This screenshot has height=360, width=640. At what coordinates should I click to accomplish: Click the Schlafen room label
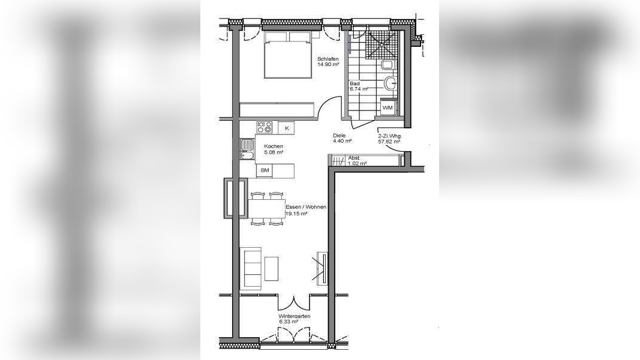click(x=328, y=58)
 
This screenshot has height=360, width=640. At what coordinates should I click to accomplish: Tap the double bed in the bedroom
click(x=289, y=55)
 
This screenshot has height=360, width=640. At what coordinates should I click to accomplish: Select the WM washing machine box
click(x=387, y=108)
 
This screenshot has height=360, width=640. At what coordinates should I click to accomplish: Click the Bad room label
click(x=354, y=84)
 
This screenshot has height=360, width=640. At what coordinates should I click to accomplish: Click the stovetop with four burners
click(x=265, y=127)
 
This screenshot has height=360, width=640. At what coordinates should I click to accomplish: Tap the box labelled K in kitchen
click(x=286, y=128)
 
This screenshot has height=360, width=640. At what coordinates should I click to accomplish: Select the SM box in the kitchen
click(x=265, y=171)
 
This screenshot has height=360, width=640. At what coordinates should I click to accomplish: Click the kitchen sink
click(x=247, y=149)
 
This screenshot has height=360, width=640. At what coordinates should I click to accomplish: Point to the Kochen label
click(x=274, y=146)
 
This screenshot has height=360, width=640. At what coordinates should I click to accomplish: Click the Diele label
click(x=339, y=136)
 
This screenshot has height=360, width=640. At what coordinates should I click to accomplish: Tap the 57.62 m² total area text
click(x=389, y=142)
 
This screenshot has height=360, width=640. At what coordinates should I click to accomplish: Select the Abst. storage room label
click(x=354, y=158)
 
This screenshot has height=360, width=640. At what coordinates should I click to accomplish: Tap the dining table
click(x=266, y=209)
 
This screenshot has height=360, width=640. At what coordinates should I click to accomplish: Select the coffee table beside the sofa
click(x=272, y=268)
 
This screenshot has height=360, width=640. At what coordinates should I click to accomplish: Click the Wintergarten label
click(x=294, y=316)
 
